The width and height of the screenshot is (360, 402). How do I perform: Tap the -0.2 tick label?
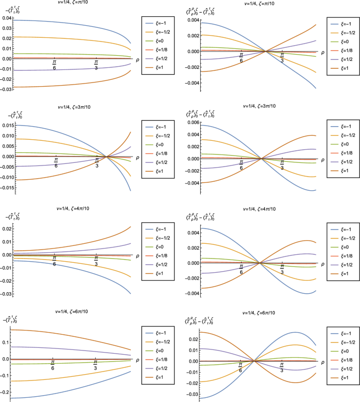(6, 393)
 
